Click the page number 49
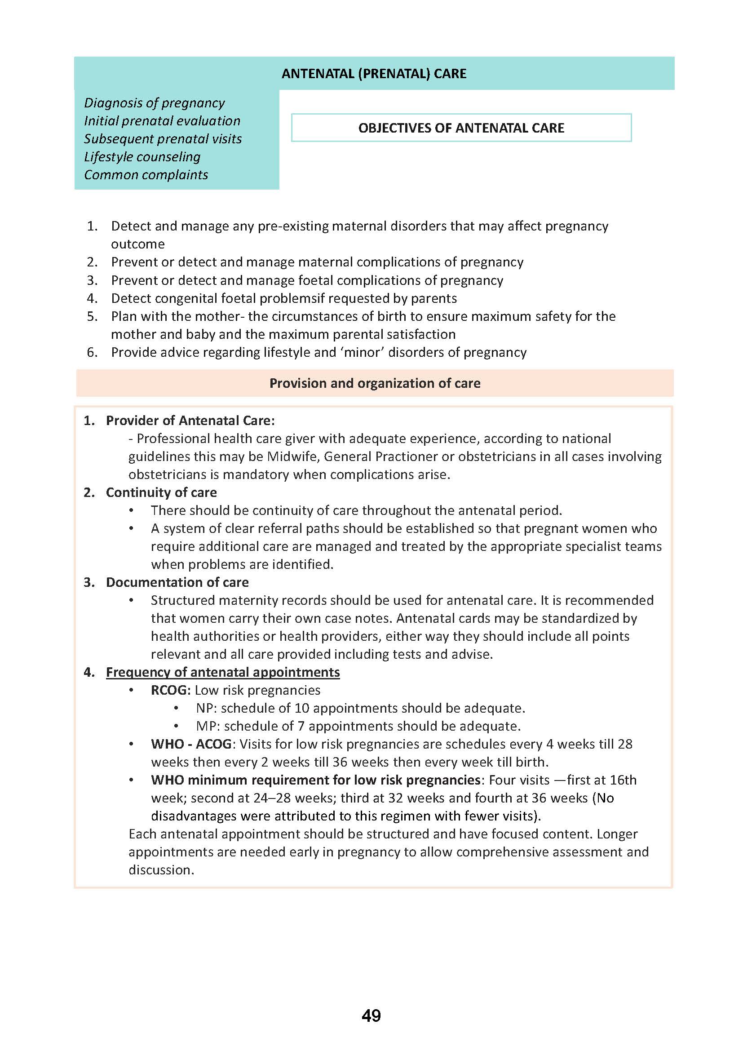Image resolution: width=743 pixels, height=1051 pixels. click(371, 1016)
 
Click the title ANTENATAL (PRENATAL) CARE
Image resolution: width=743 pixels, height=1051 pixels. click(374, 74)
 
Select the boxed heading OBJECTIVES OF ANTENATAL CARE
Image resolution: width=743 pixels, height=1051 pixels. click(461, 128)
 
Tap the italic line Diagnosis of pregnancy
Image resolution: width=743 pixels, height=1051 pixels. click(154, 102)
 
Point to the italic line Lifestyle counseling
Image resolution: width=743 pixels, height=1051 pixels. click(142, 156)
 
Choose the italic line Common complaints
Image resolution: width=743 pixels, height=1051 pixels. click(146, 174)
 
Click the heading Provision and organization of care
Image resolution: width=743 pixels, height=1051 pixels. click(375, 383)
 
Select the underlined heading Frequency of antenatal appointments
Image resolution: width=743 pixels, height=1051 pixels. click(223, 672)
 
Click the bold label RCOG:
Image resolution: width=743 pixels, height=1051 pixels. click(171, 690)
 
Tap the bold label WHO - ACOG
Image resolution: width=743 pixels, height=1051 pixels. click(191, 744)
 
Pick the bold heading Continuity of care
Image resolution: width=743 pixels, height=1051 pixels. click(162, 492)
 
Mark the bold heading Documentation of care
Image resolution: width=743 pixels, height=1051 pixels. click(177, 582)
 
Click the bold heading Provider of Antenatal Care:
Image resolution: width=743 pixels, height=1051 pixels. click(190, 420)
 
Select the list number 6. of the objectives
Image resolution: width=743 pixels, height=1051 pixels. click(93, 352)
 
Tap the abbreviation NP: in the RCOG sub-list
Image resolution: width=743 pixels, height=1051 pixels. click(206, 708)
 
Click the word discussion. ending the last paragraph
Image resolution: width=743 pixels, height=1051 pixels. click(162, 870)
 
